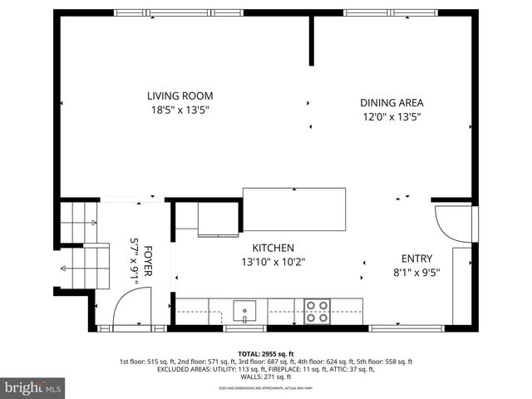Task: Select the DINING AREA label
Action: coord(391,103)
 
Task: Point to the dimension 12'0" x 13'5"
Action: coord(391,117)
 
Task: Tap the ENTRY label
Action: coord(416,258)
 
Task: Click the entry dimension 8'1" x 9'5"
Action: coord(416,272)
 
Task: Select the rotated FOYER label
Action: coord(148,259)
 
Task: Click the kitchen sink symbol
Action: coord(245,311)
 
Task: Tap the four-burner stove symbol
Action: coord(317,311)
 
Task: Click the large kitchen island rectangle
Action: coord(293,209)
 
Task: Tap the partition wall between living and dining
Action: coord(312,39)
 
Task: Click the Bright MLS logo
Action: coord(34,387)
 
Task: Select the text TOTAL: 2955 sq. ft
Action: coord(266,354)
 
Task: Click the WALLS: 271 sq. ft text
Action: coord(266,378)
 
